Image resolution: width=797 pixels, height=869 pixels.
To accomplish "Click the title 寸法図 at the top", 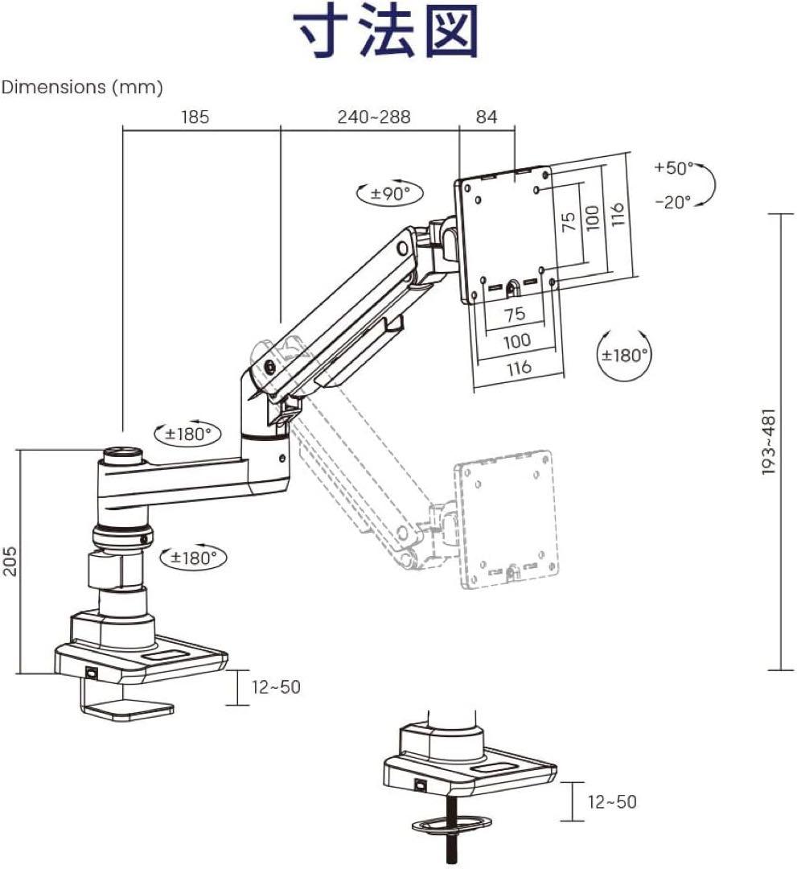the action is pyautogui.click(x=387, y=31).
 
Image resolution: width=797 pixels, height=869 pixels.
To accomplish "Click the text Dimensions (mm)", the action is pyautogui.click(x=82, y=87).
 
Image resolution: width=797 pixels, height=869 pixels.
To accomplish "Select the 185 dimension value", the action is pyautogui.click(x=195, y=117).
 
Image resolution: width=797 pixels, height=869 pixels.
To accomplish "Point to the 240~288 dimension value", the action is pyautogui.click(x=374, y=117).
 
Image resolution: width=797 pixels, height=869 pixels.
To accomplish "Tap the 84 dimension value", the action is pyautogui.click(x=487, y=117).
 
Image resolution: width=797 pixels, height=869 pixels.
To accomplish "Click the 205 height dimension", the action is pyautogui.click(x=10, y=561).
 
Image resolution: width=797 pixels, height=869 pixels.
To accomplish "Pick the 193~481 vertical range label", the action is pyautogui.click(x=768, y=442).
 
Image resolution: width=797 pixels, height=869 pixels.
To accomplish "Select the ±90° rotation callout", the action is pyautogui.click(x=390, y=193).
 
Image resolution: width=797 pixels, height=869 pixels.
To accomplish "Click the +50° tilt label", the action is pyautogui.click(x=673, y=168).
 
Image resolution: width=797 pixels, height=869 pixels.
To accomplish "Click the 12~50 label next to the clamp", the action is pyautogui.click(x=277, y=687).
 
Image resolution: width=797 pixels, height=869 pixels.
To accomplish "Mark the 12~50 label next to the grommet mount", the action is pyautogui.click(x=612, y=802).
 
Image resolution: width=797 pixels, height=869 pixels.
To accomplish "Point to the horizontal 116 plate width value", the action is pyautogui.click(x=519, y=367).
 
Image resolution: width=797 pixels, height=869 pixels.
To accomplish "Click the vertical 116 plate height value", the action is pyautogui.click(x=618, y=214).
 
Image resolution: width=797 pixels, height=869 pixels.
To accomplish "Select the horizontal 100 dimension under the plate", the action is pyautogui.click(x=516, y=340).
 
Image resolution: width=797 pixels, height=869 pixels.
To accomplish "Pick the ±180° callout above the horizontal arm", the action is pyautogui.click(x=187, y=434).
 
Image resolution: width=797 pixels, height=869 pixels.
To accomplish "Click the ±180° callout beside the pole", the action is pyautogui.click(x=193, y=557).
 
